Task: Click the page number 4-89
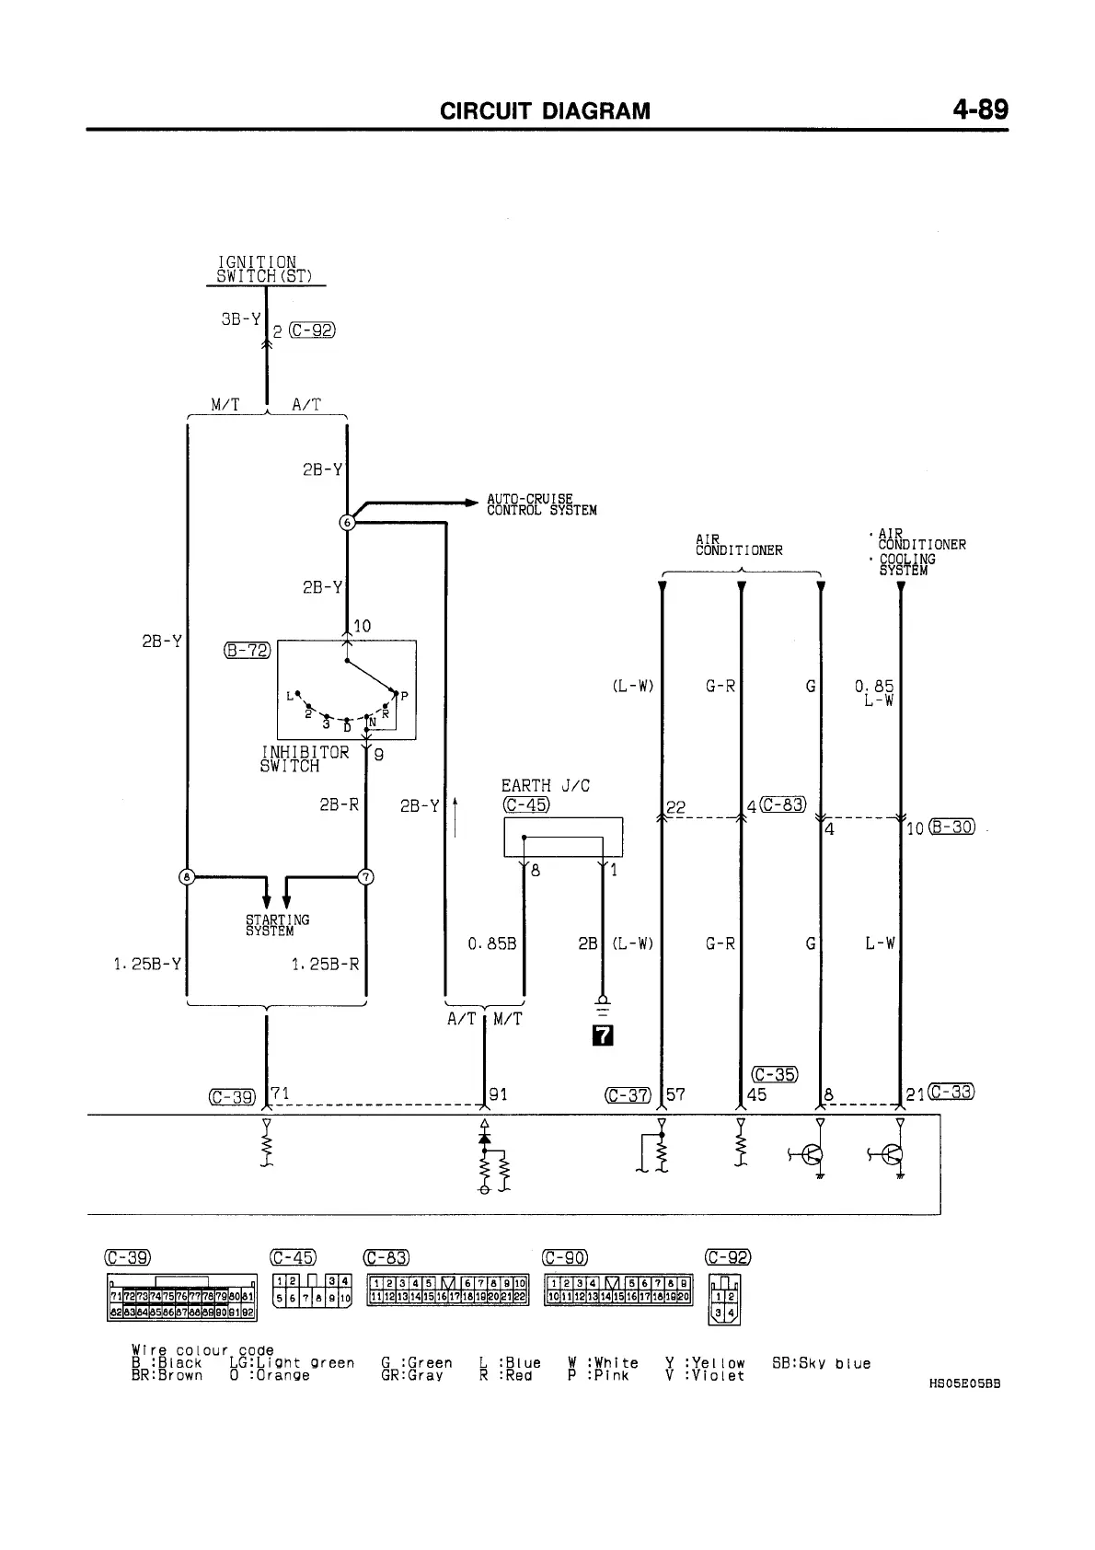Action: coord(981,110)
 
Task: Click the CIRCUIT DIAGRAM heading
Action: coord(545,111)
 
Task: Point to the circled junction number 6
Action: coord(347,522)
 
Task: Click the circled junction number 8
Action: coord(187,876)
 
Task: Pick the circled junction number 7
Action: coord(365,876)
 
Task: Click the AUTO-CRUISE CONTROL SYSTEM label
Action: coord(541,504)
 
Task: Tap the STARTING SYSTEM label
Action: coord(277,925)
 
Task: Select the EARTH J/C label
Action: coord(545,785)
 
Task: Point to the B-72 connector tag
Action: coord(248,651)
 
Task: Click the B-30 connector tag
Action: coord(951,827)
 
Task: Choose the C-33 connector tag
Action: coord(951,1092)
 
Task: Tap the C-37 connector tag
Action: coord(628,1095)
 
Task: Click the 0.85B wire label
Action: coord(492,943)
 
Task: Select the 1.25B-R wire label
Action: coord(325,964)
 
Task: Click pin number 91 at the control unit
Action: coord(498,1094)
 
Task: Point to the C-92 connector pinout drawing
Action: coord(723,1299)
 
